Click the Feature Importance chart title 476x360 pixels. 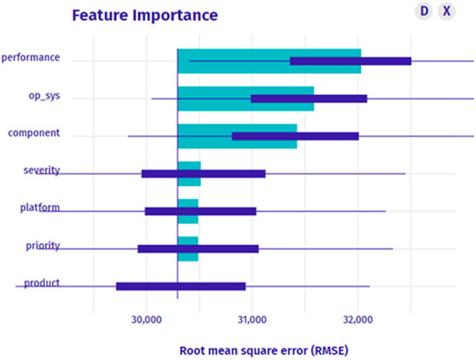(145, 16)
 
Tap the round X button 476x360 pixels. (446, 11)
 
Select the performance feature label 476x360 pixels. (30, 58)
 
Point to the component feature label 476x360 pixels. (33, 133)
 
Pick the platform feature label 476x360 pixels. (40, 209)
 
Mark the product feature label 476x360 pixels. (42, 283)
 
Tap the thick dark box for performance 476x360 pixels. (351, 61)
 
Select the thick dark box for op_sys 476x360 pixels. (309, 99)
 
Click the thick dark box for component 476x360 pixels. (295, 136)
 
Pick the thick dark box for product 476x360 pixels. (181, 286)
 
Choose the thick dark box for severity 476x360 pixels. (203, 174)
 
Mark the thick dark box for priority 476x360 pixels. (198, 249)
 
